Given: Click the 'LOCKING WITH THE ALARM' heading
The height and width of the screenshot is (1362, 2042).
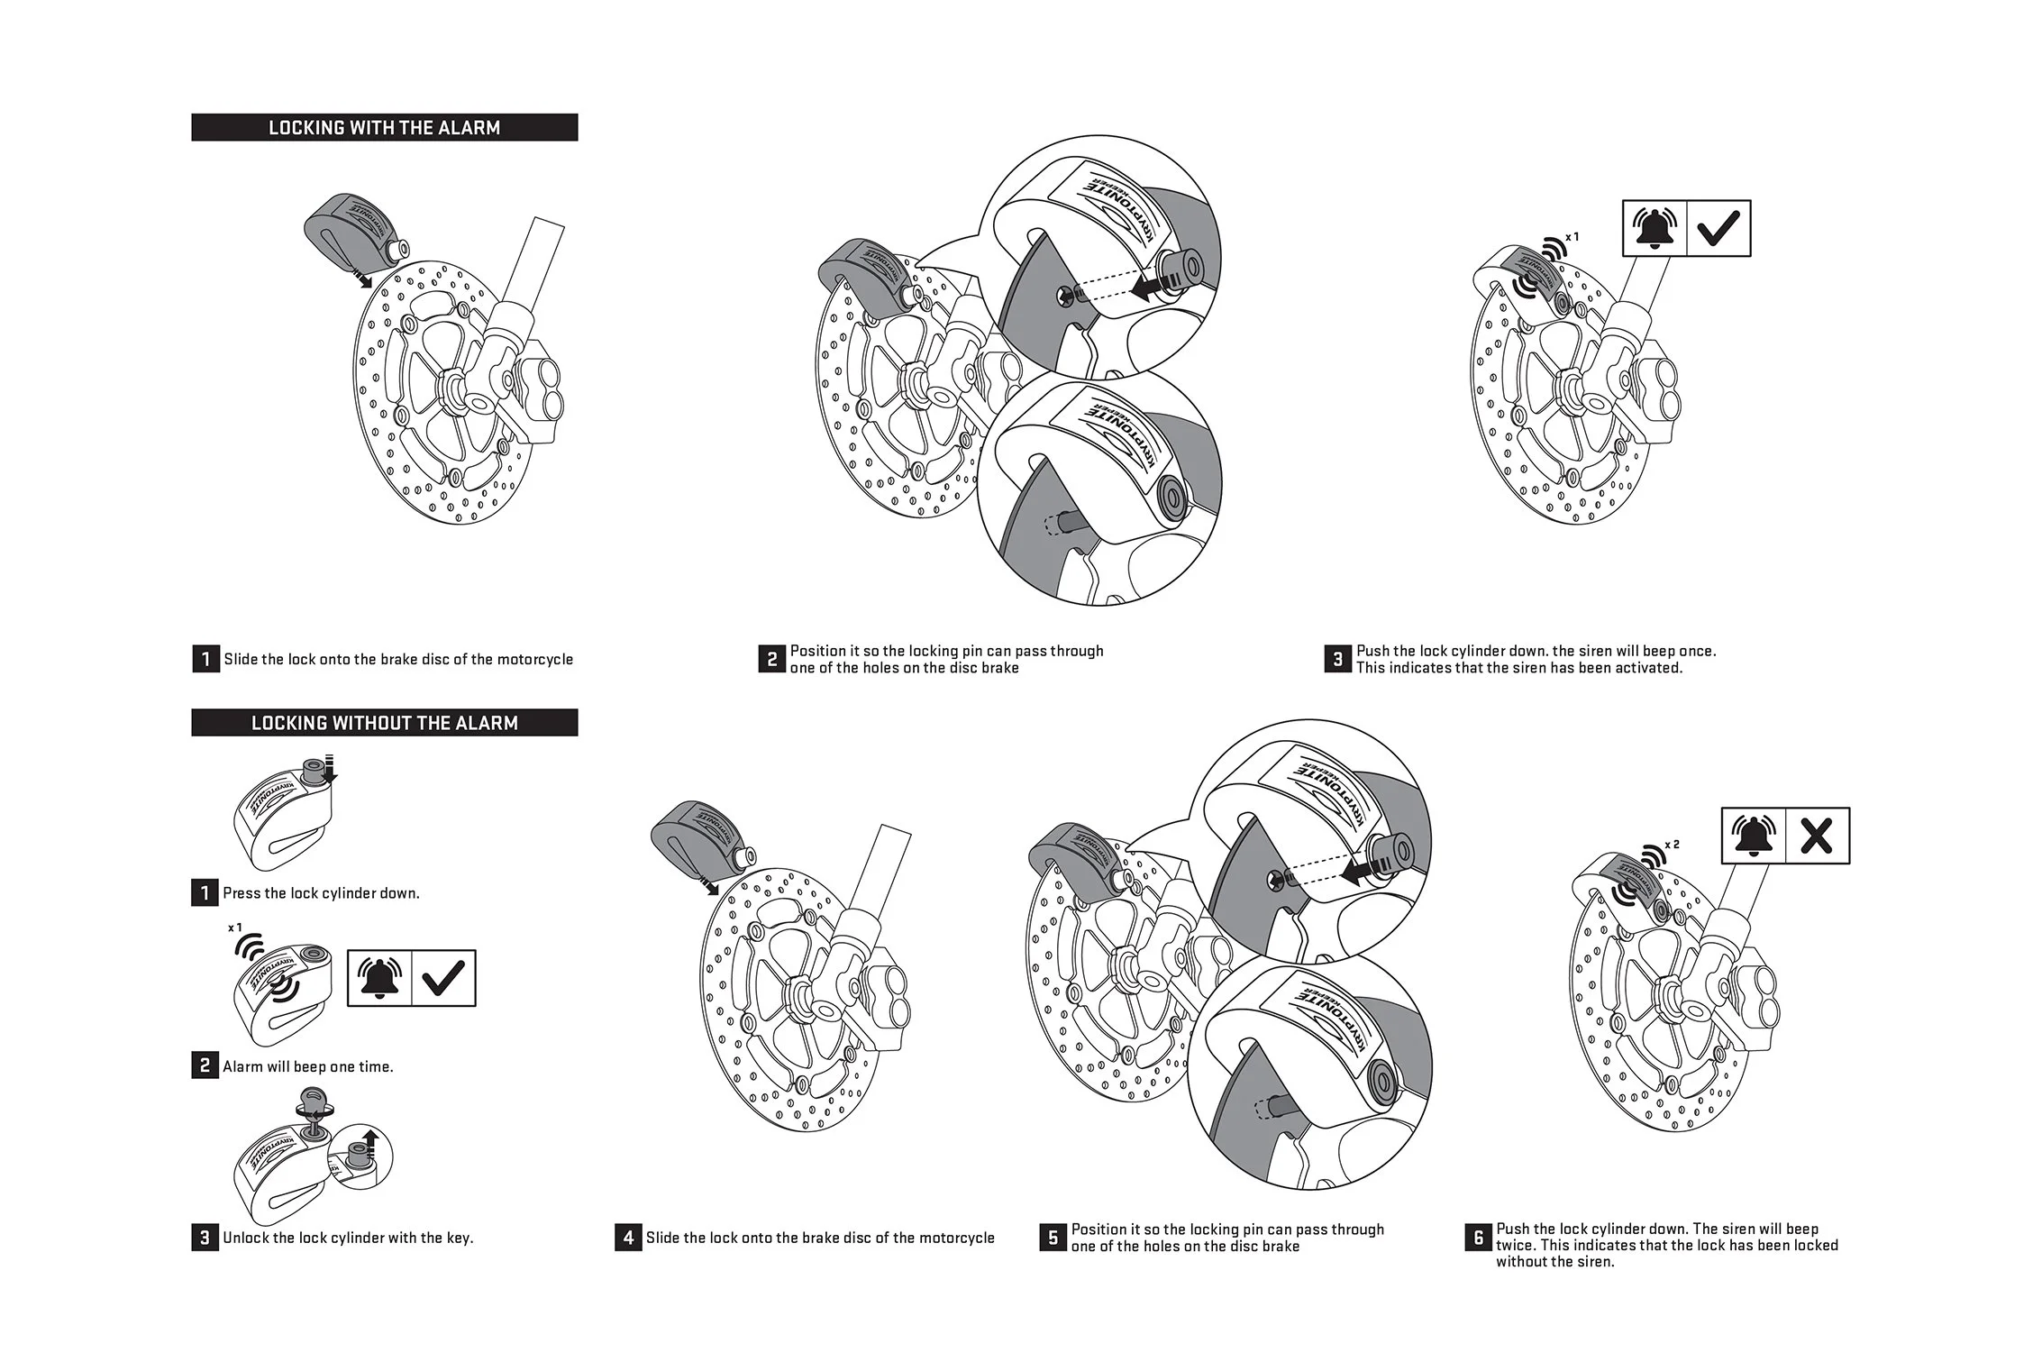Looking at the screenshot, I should (384, 128).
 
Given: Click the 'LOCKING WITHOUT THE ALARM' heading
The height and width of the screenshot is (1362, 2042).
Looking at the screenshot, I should (384, 723).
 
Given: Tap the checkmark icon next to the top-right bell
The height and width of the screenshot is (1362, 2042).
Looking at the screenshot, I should (1718, 229).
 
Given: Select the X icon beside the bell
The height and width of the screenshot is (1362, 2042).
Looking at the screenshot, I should (1816, 836).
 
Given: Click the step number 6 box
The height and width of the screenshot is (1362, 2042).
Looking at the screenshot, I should (1479, 1238).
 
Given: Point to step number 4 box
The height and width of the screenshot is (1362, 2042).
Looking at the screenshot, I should (628, 1238).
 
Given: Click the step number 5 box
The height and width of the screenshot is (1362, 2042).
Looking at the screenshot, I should (1053, 1238).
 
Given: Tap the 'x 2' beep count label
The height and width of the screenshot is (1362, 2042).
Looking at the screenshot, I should (1672, 845).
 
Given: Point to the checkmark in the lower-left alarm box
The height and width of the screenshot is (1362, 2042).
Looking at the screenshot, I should (443, 978).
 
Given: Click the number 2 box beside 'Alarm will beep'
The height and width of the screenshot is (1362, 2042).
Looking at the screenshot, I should (205, 1066).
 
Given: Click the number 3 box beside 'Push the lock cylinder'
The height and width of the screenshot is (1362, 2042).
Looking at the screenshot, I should (1338, 659).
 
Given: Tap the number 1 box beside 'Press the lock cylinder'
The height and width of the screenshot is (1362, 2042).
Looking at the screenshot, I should (205, 893).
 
